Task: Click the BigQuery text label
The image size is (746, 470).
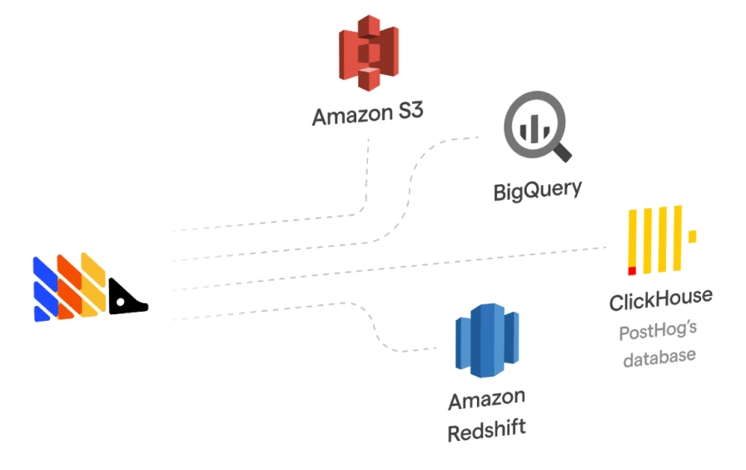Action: coord(537,191)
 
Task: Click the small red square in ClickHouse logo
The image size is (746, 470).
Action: coord(632,271)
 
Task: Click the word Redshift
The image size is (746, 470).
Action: coord(487,433)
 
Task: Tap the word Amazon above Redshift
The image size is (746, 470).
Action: coord(487,402)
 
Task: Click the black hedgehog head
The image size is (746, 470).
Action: coord(127,297)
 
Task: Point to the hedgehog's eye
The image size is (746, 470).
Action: coord(122,300)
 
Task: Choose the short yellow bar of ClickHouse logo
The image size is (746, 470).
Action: coord(691,236)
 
